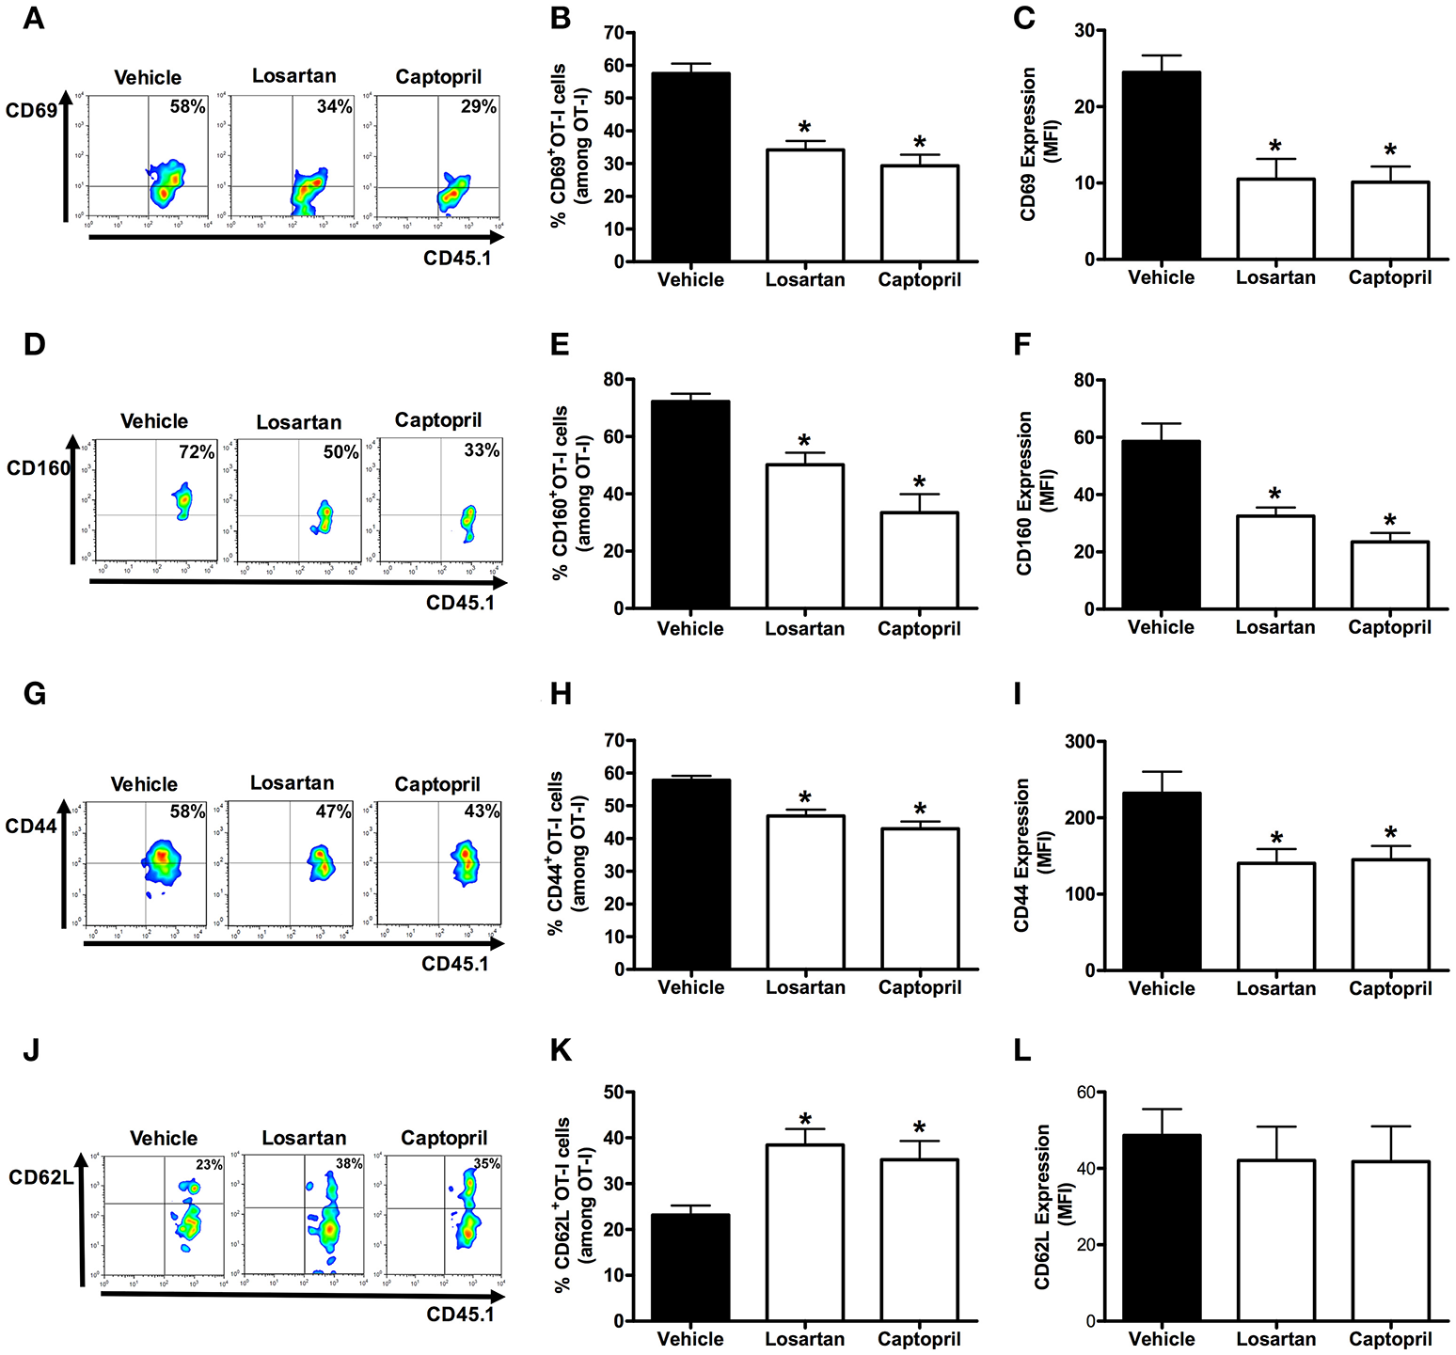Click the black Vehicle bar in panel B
point(690,166)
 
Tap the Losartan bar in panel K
point(805,1232)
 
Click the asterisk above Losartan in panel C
point(1275,147)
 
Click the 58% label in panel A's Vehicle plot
point(187,106)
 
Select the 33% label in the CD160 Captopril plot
point(482,450)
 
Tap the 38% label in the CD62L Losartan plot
point(349,1163)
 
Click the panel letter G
point(35,694)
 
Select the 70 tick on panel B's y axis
point(612,33)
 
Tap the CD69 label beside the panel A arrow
point(31,111)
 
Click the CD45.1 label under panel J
point(460,1315)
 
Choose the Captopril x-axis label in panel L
point(1389,1339)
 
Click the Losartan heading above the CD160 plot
point(298,422)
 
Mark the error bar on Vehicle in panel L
point(1162,1121)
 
